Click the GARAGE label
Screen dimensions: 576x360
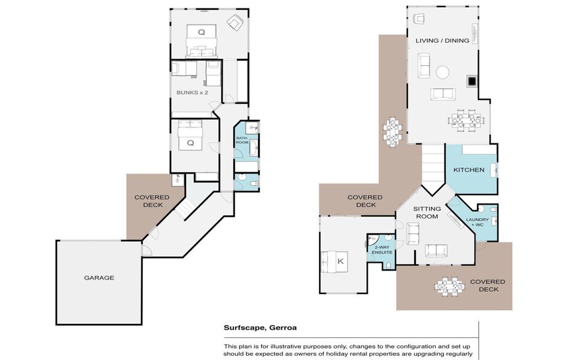[x=99, y=278]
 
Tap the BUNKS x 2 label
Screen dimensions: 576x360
[x=192, y=92]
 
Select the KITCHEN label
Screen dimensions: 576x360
[x=469, y=170]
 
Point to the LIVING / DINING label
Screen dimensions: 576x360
[x=442, y=40]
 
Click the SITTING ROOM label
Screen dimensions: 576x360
[x=427, y=212]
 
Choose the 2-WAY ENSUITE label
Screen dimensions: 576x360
[x=382, y=250]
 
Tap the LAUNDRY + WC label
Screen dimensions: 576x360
[x=477, y=222]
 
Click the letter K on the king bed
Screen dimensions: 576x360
[x=341, y=261]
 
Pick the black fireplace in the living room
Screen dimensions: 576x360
[x=472, y=81]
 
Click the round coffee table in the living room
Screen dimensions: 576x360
[x=442, y=72]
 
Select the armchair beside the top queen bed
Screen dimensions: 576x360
[x=235, y=23]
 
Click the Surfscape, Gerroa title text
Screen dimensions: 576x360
[x=260, y=328]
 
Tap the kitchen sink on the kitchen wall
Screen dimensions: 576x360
[x=494, y=170]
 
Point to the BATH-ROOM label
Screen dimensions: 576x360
[x=242, y=140]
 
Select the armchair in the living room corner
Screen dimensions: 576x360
[x=419, y=19]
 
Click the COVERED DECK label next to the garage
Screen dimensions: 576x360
[x=152, y=201]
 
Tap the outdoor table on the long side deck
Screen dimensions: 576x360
[x=392, y=132]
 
